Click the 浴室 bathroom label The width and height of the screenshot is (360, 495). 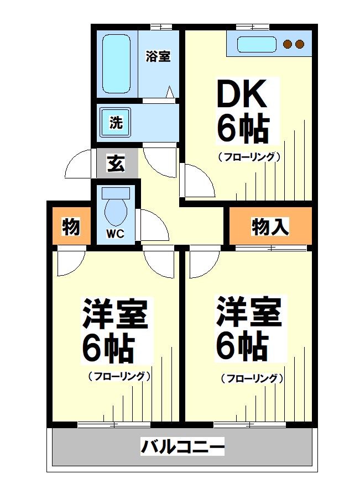click(x=158, y=56)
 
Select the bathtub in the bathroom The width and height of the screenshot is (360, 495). click(x=116, y=62)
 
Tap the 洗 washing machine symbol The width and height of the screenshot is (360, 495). click(x=116, y=123)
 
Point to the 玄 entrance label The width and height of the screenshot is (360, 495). click(x=116, y=164)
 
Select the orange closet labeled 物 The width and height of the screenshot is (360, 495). click(x=71, y=227)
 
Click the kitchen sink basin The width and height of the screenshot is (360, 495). click(x=256, y=44)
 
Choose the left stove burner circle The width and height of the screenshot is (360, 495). click(x=288, y=44)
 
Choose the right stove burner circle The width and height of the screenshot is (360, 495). click(x=299, y=44)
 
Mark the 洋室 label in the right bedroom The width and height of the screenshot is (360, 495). click(x=248, y=312)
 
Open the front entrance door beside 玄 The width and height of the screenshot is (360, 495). click(x=77, y=165)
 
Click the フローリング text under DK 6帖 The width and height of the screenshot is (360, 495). click(x=249, y=156)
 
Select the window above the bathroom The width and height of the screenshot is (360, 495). click(x=161, y=27)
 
